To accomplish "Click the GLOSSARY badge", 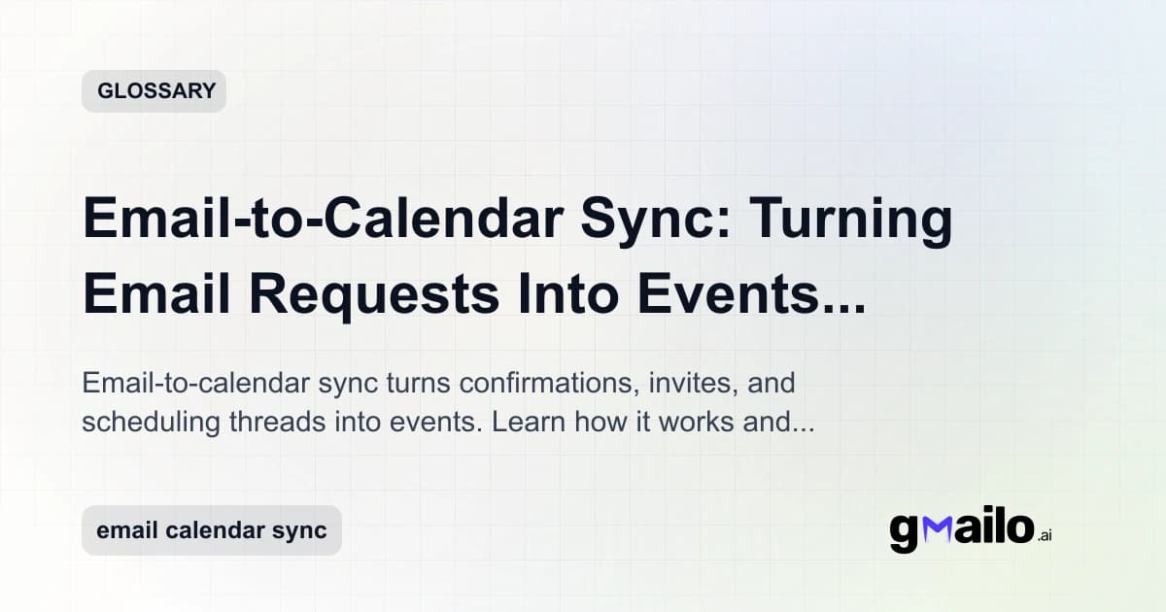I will pos(154,91).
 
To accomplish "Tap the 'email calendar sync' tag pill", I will pos(211,530).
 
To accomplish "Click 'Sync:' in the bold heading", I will pos(647,220).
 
